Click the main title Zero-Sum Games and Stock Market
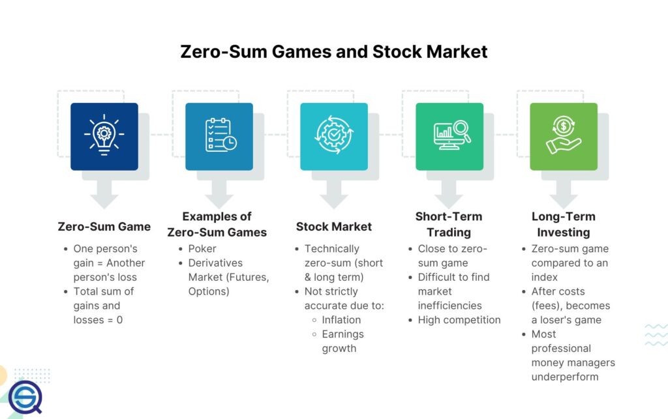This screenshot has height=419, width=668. (333, 51)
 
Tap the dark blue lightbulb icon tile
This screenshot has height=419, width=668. (104, 136)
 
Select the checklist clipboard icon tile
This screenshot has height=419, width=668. (219, 136)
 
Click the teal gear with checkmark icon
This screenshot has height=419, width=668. (333, 136)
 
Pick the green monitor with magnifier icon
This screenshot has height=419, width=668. (449, 136)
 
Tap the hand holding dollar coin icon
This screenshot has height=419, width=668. (564, 136)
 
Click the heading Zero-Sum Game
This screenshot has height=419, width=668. (104, 227)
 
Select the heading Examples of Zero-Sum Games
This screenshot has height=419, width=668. (217, 224)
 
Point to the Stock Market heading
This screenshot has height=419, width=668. (333, 227)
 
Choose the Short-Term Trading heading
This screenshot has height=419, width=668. (449, 224)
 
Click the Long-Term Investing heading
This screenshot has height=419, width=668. (563, 224)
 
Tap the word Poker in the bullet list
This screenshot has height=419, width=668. (202, 248)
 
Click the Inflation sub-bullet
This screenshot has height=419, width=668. (341, 320)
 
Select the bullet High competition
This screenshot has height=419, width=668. (459, 320)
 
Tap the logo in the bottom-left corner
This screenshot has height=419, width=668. (25, 396)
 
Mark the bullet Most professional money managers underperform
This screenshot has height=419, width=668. (573, 355)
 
